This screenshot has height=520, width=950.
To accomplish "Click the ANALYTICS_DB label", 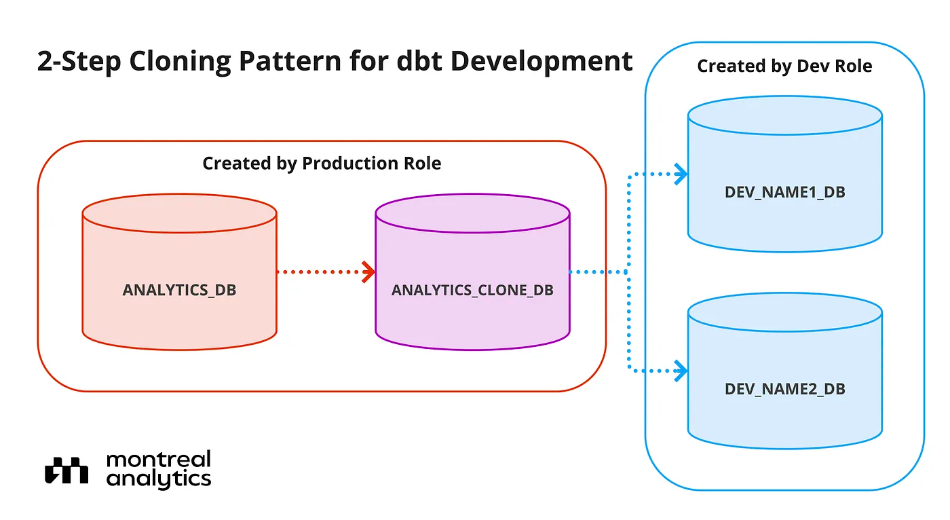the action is (179, 290).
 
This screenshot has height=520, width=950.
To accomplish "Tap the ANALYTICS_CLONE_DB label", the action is (472, 290).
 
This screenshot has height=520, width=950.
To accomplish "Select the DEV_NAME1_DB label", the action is (785, 192).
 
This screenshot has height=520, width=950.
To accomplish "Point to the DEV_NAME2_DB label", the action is (785, 389).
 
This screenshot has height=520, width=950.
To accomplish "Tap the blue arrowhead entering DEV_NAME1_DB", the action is (681, 174).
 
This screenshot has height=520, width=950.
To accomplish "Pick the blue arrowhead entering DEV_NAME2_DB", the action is (681, 371).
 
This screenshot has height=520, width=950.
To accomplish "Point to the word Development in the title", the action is (541, 62).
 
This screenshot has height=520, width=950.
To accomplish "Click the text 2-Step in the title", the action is (79, 62).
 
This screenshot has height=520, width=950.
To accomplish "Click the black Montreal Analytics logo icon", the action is (66, 470).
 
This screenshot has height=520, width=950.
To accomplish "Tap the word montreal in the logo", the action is (159, 460).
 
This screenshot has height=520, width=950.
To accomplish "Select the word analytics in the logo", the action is (159, 479).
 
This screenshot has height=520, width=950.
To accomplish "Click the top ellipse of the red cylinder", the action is (179, 232).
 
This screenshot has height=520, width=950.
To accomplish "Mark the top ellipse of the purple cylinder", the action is (472, 232).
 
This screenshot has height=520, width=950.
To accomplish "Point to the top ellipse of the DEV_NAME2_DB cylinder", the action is (785, 331).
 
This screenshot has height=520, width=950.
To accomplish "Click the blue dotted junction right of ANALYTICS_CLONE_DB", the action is (628, 272).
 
